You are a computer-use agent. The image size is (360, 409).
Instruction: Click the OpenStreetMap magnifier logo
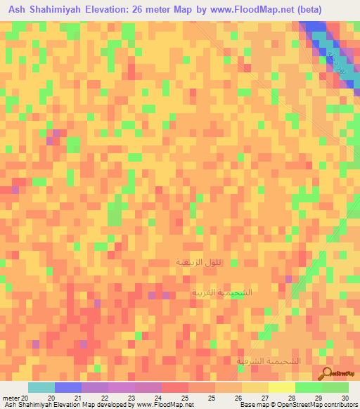[x=328, y=372]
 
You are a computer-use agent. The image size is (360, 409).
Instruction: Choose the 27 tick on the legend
[x=264, y=398]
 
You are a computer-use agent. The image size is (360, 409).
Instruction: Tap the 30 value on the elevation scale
[x=344, y=398]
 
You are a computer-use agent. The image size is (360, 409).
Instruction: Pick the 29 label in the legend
[x=318, y=398]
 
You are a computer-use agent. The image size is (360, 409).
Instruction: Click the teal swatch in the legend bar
[x=41, y=387]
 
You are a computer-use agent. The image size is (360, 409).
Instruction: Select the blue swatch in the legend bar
[x=68, y=387]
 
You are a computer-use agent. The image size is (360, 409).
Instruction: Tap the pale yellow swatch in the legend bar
[x=281, y=387]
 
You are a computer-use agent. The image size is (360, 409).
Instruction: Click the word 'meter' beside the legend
[x=11, y=398]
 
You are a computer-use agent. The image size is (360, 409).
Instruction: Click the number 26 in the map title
[x=164, y=9]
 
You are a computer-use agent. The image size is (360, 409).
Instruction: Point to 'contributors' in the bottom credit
[x=336, y=405]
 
